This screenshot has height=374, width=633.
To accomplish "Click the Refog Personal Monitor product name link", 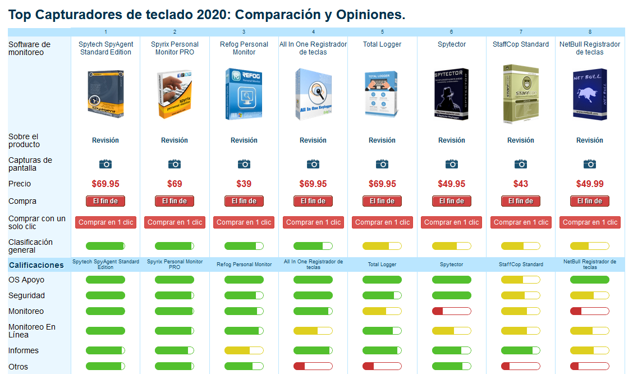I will [244, 48].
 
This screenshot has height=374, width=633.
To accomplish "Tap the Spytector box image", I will [451, 94].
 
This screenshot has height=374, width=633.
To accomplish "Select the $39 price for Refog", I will [244, 184].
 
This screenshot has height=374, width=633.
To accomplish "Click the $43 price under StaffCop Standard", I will [521, 184].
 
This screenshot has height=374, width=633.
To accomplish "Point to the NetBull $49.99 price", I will [590, 184].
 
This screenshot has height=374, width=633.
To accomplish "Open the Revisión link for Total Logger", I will [382, 140].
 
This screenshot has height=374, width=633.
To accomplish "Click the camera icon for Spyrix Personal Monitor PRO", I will [175, 163].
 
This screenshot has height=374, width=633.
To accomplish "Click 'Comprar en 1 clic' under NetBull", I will [590, 222].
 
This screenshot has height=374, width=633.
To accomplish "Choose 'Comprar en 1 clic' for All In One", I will [313, 222].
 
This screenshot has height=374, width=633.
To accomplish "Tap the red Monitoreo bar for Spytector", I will [451, 311].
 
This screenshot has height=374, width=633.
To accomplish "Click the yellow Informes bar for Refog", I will [244, 350].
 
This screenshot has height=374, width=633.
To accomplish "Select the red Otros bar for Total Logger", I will [382, 367].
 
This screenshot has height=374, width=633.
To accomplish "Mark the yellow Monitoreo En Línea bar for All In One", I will [313, 331].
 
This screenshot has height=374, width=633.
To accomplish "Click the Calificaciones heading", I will [36, 264].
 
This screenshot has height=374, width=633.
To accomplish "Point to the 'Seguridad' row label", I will [26, 295].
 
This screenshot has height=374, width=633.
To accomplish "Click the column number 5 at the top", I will [382, 32].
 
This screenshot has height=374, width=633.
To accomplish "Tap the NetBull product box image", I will [590, 94].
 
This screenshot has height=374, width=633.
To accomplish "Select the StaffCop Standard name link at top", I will [521, 44].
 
